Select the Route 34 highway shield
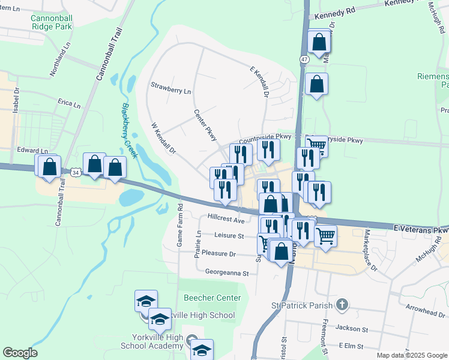(74, 172)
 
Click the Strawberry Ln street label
(170, 91)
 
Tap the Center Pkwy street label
(205, 122)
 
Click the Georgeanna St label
(227, 273)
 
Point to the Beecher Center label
(212, 298)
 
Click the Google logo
(20, 353)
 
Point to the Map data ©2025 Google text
(412, 355)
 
